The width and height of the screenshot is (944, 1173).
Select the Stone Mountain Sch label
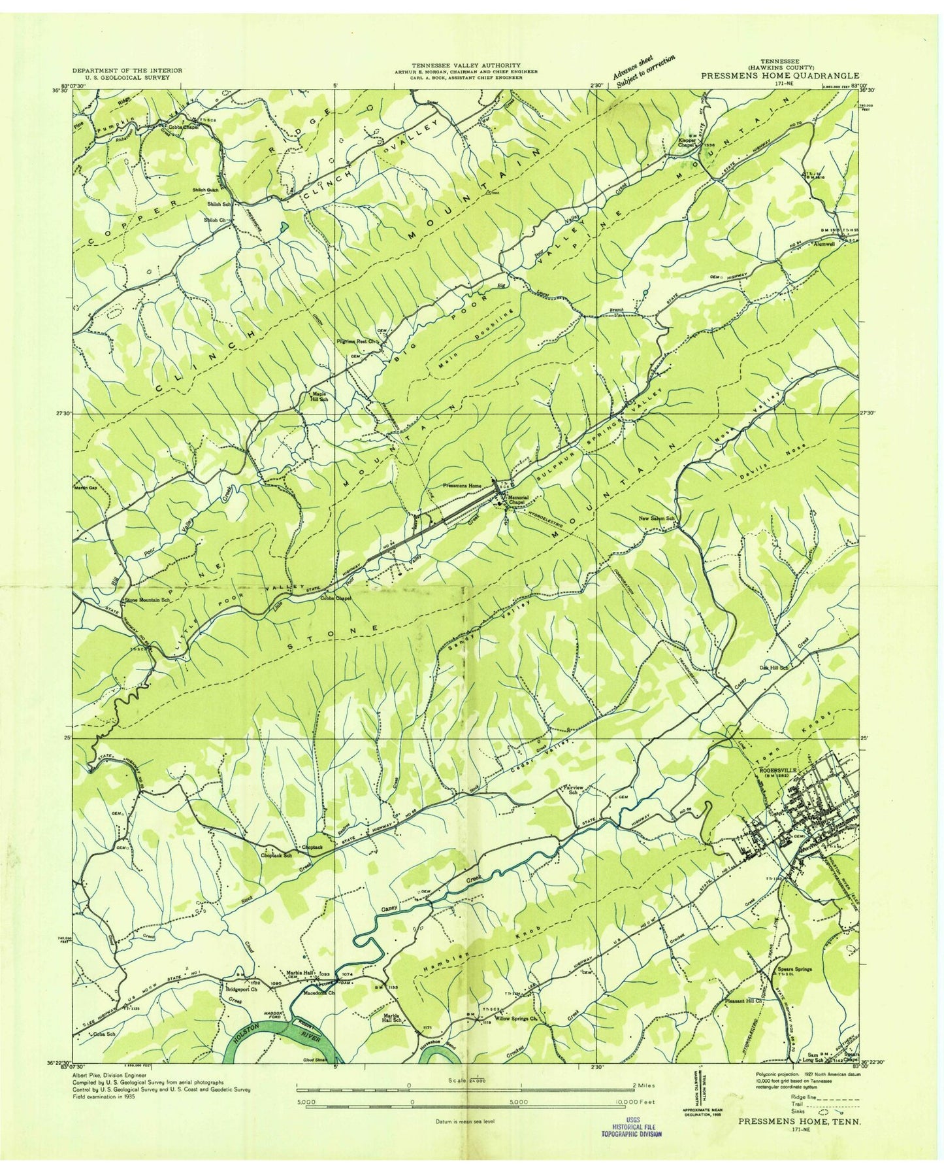(148, 600)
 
